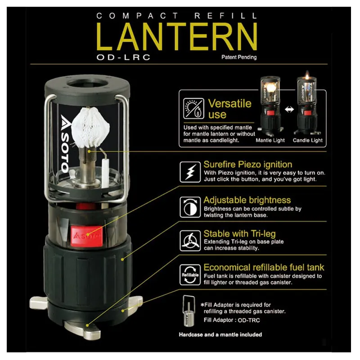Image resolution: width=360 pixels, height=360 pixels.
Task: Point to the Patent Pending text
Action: tap(238, 58)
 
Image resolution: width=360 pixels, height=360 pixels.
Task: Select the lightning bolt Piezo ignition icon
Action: tap(189, 172)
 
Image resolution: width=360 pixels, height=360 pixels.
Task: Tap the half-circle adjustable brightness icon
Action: tap(189, 205)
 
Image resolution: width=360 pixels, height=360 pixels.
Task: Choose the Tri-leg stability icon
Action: tap(189, 240)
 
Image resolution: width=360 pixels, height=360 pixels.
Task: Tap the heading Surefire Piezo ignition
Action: tap(247, 164)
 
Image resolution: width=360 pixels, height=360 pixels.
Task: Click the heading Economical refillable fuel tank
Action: tap(264, 267)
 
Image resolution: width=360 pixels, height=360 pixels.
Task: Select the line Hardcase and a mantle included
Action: tap(220, 334)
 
